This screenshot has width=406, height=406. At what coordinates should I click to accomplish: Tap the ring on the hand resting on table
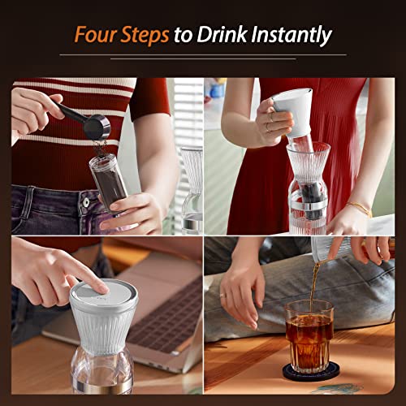click(222, 295)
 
